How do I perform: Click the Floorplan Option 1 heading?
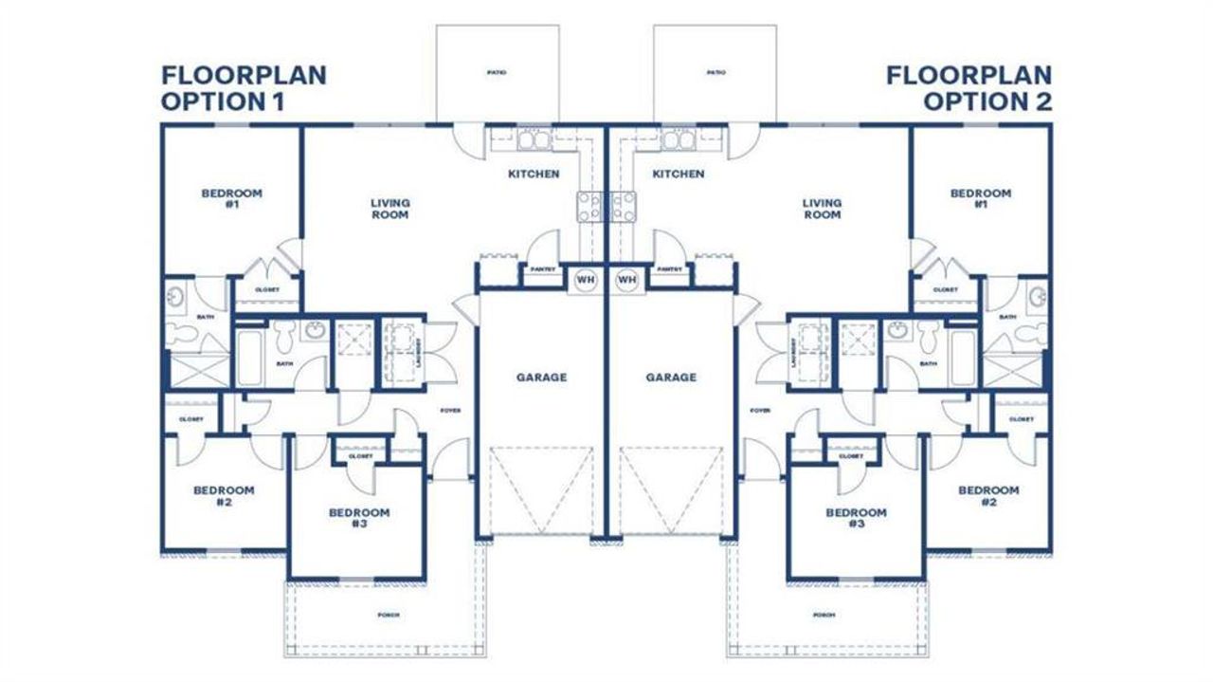(x=244, y=88)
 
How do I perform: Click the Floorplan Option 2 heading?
(x=969, y=88)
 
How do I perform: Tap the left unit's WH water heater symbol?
(x=585, y=280)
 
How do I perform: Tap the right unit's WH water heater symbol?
(x=625, y=280)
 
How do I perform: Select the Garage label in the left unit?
(x=541, y=378)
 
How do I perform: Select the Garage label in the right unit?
(x=671, y=378)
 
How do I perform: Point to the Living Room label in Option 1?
(x=389, y=209)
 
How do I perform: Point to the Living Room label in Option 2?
(x=822, y=209)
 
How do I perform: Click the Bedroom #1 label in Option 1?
(x=231, y=198)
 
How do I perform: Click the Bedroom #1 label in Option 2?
(x=980, y=198)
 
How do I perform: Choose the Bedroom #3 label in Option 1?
(x=358, y=518)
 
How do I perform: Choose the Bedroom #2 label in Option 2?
(x=987, y=496)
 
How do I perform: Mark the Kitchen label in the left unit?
(x=534, y=175)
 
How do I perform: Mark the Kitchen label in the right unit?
(x=679, y=175)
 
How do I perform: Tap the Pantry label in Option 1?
(x=536, y=269)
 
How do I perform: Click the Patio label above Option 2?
(x=715, y=73)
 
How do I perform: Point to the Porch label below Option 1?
(x=389, y=616)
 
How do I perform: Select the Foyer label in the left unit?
(x=449, y=411)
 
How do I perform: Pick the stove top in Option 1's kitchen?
(x=588, y=206)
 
